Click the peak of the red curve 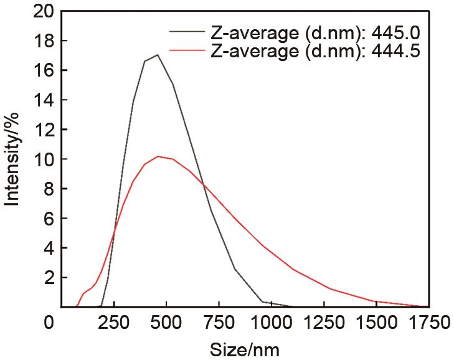[159, 156]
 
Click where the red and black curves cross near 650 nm [201, 183]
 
